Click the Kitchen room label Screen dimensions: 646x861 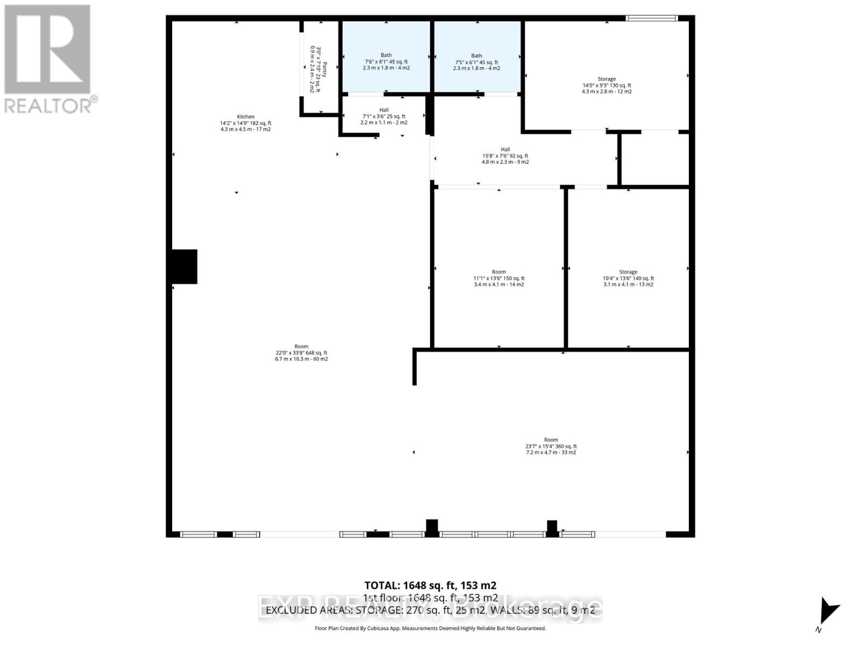point(245,123)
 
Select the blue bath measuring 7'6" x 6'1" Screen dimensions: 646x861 point(386,61)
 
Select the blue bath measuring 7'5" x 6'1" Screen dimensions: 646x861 point(476,61)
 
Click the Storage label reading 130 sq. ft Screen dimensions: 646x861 point(606,85)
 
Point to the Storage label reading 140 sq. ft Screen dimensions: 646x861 point(628,278)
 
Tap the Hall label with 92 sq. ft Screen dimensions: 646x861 point(505,156)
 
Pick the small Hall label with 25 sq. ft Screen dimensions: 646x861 point(384,116)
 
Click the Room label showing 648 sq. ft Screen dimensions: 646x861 point(301,353)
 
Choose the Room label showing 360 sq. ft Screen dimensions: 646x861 point(551,446)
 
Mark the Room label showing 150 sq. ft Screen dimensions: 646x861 point(499,278)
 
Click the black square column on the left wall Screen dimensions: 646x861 point(184,266)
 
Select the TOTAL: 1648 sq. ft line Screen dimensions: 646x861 point(430,585)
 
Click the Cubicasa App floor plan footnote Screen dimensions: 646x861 point(430,628)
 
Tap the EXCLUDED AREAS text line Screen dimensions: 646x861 point(430,610)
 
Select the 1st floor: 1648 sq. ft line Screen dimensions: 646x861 point(430,598)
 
